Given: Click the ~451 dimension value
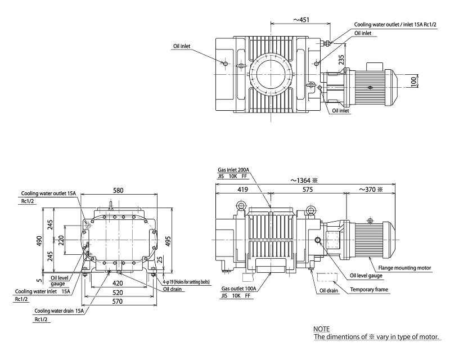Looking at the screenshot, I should click(300, 19).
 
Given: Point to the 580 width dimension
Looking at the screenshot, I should click(118, 191).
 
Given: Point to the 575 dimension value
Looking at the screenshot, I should click(307, 191).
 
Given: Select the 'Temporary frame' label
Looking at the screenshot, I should click(370, 290).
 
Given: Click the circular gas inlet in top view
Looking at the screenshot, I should click(271, 73).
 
